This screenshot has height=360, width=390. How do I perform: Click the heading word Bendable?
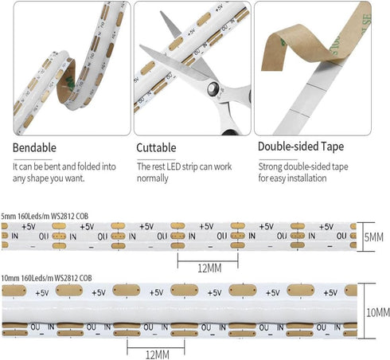click(x=34, y=148)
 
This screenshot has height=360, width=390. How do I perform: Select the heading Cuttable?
click(x=156, y=148)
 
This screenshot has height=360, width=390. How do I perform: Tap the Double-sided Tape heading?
click(x=301, y=147)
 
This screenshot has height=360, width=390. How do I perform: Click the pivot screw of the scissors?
click(x=213, y=88)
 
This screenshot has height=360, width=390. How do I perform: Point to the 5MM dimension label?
click(x=374, y=237)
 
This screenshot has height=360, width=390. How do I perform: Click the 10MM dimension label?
click(x=378, y=312)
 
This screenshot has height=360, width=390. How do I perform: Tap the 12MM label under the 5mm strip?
click(x=209, y=268)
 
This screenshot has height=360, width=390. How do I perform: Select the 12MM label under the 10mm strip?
click(x=158, y=354)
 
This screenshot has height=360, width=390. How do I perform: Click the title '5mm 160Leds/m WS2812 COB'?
click(x=45, y=216)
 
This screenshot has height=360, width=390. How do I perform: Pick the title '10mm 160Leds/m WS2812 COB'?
click(x=46, y=278)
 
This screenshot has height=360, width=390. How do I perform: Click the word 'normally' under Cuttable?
click(x=153, y=178)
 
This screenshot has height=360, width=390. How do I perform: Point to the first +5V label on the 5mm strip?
click(x=29, y=227)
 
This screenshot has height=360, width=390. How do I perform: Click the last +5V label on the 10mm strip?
click(x=330, y=293)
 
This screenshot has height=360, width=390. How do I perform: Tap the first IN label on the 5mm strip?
click(x=14, y=236)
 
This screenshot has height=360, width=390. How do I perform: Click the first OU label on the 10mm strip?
click(x=35, y=327)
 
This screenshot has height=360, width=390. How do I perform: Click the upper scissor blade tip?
click(x=161, y=12)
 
